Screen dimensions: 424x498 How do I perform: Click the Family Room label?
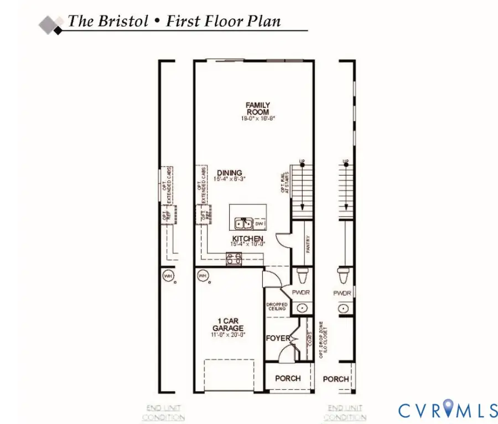point(258,108)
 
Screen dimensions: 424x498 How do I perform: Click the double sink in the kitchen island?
point(243,224)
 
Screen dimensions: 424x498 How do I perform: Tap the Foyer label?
point(278,338)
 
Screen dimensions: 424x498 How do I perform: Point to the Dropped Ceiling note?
point(277,306)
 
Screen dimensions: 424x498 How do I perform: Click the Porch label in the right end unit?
point(336,379)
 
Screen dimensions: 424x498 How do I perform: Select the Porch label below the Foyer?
point(288,378)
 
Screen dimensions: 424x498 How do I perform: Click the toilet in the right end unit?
point(343,275)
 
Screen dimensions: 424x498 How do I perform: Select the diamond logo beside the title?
point(51,24)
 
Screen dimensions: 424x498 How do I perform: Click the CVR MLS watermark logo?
point(448,410)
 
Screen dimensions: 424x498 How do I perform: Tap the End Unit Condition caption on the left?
point(163,413)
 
